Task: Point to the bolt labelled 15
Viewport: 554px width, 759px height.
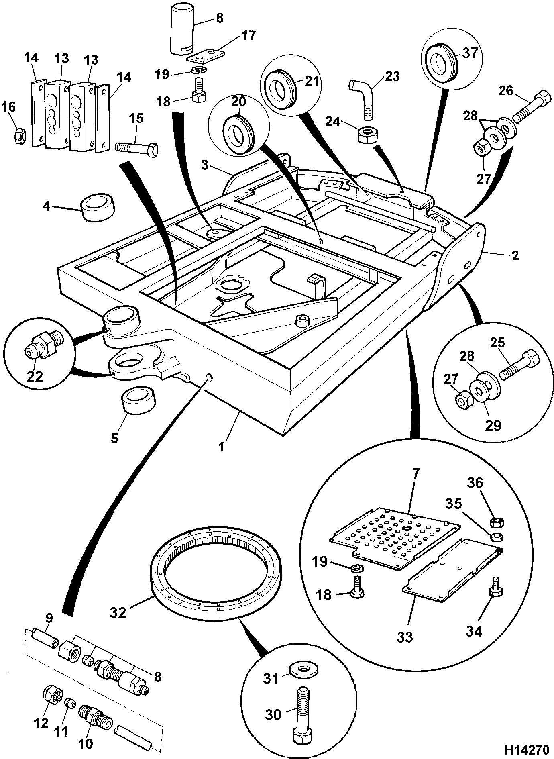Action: coord(136,149)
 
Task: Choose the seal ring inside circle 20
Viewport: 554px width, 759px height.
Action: coord(239,130)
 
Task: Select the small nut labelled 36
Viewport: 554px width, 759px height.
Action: coord(498,523)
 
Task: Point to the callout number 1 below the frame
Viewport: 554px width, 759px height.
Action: coord(222,446)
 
